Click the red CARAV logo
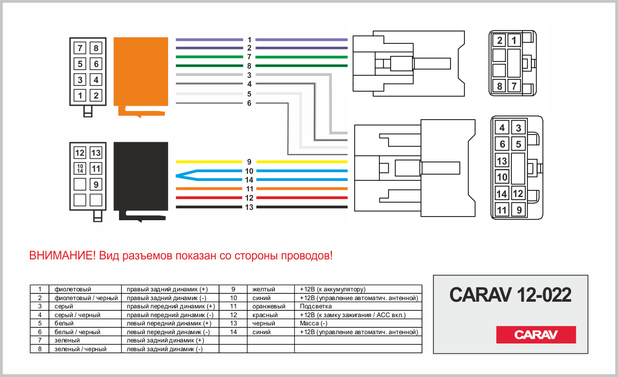coord(536,334)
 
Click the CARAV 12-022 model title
coord(510,294)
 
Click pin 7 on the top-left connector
coord(80,48)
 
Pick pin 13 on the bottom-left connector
coord(96,153)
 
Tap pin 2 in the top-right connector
coord(499,40)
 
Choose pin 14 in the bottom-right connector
coord(502,193)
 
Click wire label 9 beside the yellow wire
coord(249,162)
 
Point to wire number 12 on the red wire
coord(249,198)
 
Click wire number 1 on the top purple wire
coord(249,40)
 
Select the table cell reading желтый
coord(264,289)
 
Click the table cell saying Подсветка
coord(315,306)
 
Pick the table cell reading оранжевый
coord(269,306)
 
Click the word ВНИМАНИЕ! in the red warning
coord(62,255)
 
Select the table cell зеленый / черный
coord(80,349)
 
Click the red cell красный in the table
coord(265,315)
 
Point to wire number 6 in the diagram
coord(249,103)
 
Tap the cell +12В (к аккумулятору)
coord(332,289)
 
